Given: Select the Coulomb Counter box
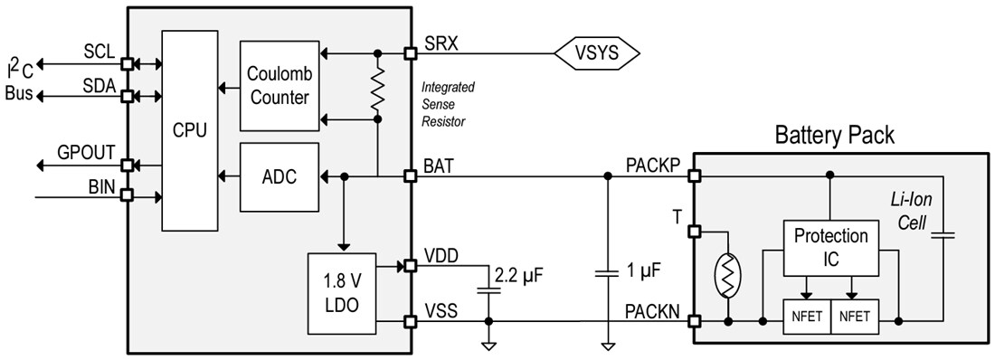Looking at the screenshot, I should [x=280, y=86].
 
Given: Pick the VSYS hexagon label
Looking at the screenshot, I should [x=597, y=53].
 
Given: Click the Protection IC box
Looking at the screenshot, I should [x=830, y=246].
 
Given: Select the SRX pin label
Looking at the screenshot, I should [x=441, y=43].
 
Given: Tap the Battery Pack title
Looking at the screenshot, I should [x=834, y=136].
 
